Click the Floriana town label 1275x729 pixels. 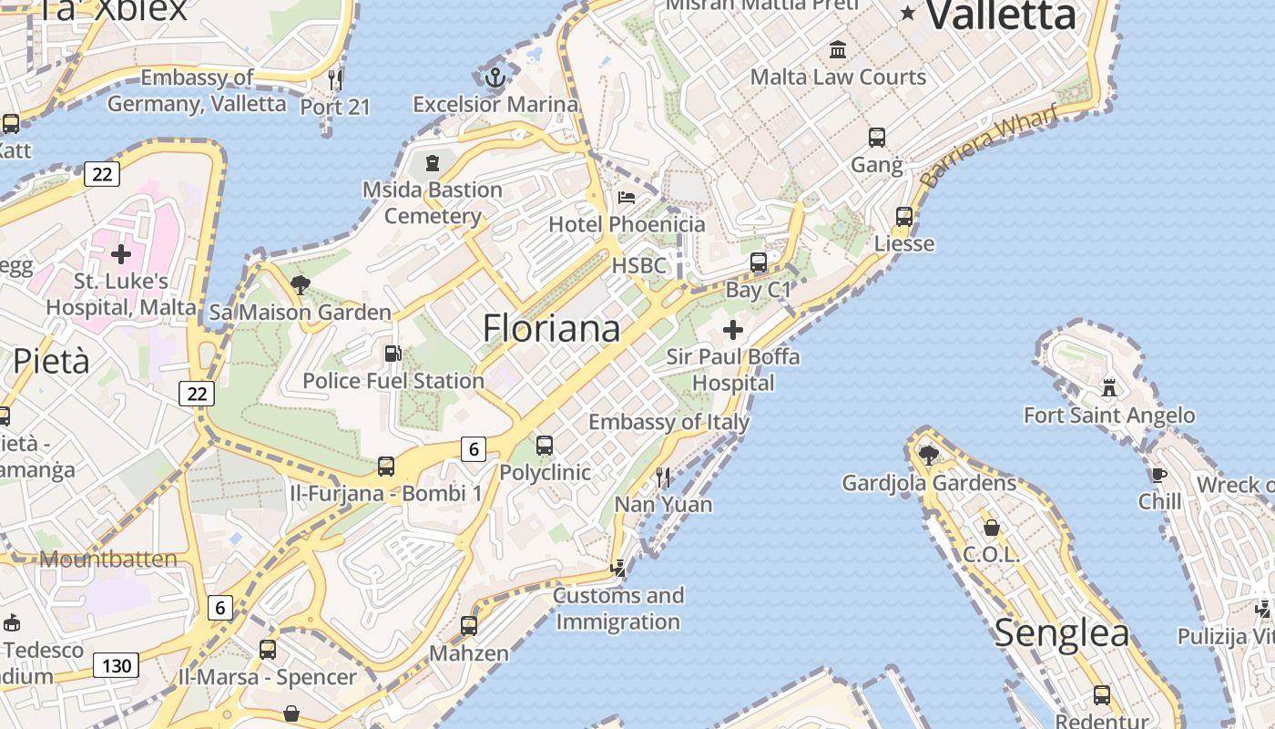[551, 328]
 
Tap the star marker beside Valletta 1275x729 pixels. [908, 13]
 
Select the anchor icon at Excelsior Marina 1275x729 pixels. [495, 77]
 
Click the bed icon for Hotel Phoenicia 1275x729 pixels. [627, 197]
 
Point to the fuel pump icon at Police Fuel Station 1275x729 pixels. [393, 354]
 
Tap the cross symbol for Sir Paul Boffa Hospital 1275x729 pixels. [733, 330]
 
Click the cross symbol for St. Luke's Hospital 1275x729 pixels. [121, 253]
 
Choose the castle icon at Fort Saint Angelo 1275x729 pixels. [1109, 388]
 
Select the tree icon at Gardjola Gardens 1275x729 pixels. [929, 455]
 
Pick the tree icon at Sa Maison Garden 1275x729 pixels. [300, 285]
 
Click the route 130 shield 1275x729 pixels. [117, 666]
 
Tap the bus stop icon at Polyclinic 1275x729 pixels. [545, 446]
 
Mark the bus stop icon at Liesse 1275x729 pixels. [904, 217]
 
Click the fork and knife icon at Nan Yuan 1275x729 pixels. [663, 477]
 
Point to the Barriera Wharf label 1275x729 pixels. [989, 146]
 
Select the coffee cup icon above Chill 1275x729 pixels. [1158, 475]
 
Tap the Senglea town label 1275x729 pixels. [1061, 632]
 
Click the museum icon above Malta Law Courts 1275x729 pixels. [838, 50]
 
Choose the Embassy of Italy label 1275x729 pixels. [668, 422]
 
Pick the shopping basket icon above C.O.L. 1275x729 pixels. [992, 528]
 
